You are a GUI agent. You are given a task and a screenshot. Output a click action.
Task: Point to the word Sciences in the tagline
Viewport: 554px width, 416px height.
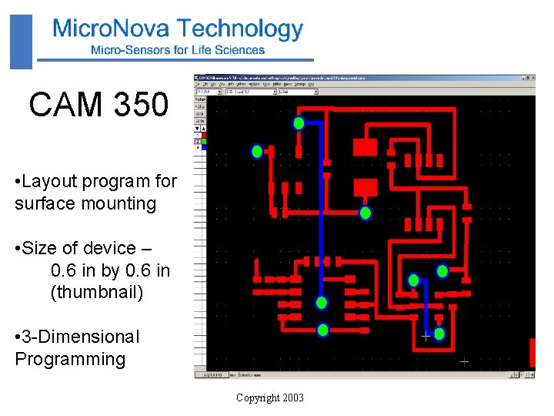pos(239,50)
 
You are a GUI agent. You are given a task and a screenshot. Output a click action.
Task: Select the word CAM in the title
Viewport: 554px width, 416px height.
pos(63,104)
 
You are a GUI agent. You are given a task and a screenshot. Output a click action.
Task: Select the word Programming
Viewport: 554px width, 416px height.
pos(70,359)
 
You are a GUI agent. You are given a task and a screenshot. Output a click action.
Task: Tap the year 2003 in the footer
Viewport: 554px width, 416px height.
pos(293,398)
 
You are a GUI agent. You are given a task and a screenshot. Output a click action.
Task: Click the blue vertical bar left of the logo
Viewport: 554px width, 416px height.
pos(22,42)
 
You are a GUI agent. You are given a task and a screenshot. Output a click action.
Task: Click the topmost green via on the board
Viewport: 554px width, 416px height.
pos(299,123)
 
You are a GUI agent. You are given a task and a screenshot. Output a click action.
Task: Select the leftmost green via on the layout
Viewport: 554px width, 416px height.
pos(258,152)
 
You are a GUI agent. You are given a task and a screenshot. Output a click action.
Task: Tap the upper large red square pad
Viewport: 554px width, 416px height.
pos(364,147)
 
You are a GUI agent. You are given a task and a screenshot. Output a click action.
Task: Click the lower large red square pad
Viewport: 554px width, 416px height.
pos(365,187)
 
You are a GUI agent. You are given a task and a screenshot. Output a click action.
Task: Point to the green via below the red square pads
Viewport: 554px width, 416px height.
pos(365,213)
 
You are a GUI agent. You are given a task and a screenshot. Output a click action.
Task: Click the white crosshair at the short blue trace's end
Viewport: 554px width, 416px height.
pos(426,336)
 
